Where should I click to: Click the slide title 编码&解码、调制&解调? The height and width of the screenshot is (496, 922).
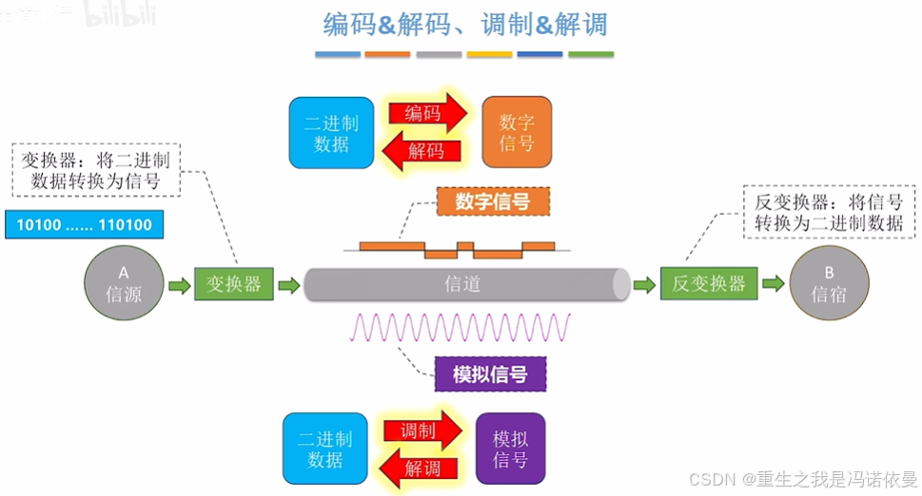(x=464, y=24)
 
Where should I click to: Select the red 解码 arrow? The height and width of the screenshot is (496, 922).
(x=425, y=150)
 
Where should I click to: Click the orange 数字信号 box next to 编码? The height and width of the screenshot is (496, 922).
(x=517, y=132)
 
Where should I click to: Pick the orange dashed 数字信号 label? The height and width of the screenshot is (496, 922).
(x=492, y=201)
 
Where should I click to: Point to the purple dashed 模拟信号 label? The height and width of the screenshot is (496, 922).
(x=491, y=374)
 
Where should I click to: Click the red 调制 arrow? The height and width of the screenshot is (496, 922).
(x=424, y=431)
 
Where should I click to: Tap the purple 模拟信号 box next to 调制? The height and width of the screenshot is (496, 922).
(x=510, y=448)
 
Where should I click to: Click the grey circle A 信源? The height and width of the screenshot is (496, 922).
(x=124, y=284)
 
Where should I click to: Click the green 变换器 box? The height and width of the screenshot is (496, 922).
(x=234, y=284)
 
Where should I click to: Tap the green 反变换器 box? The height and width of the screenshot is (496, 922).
(x=709, y=284)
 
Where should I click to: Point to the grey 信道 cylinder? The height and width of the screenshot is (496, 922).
(x=466, y=284)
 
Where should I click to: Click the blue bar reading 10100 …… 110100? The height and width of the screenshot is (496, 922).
(x=84, y=224)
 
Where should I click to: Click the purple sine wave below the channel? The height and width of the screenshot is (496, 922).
(x=461, y=327)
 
